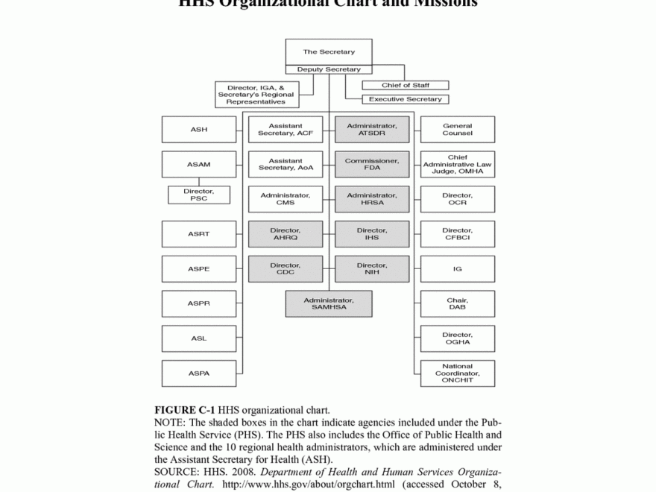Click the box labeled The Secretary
click(x=329, y=51)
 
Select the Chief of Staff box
click(x=405, y=86)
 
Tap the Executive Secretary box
click(x=405, y=99)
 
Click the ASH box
click(x=199, y=130)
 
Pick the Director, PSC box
click(x=199, y=195)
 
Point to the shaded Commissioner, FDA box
click(x=372, y=164)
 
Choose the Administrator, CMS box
click(x=286, y=199)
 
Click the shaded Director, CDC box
click(x=286, y=269)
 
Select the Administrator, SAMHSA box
click(x=329, y=303)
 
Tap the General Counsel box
click(x=457, y=130)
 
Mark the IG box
click(x=457, y=269)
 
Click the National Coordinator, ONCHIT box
click(x=457, y=373)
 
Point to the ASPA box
click(x=199, y=373)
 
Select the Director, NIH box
click(x=372, y=269)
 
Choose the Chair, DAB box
click(x=457, y=303)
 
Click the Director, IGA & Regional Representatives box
click(x=256, y=95)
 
